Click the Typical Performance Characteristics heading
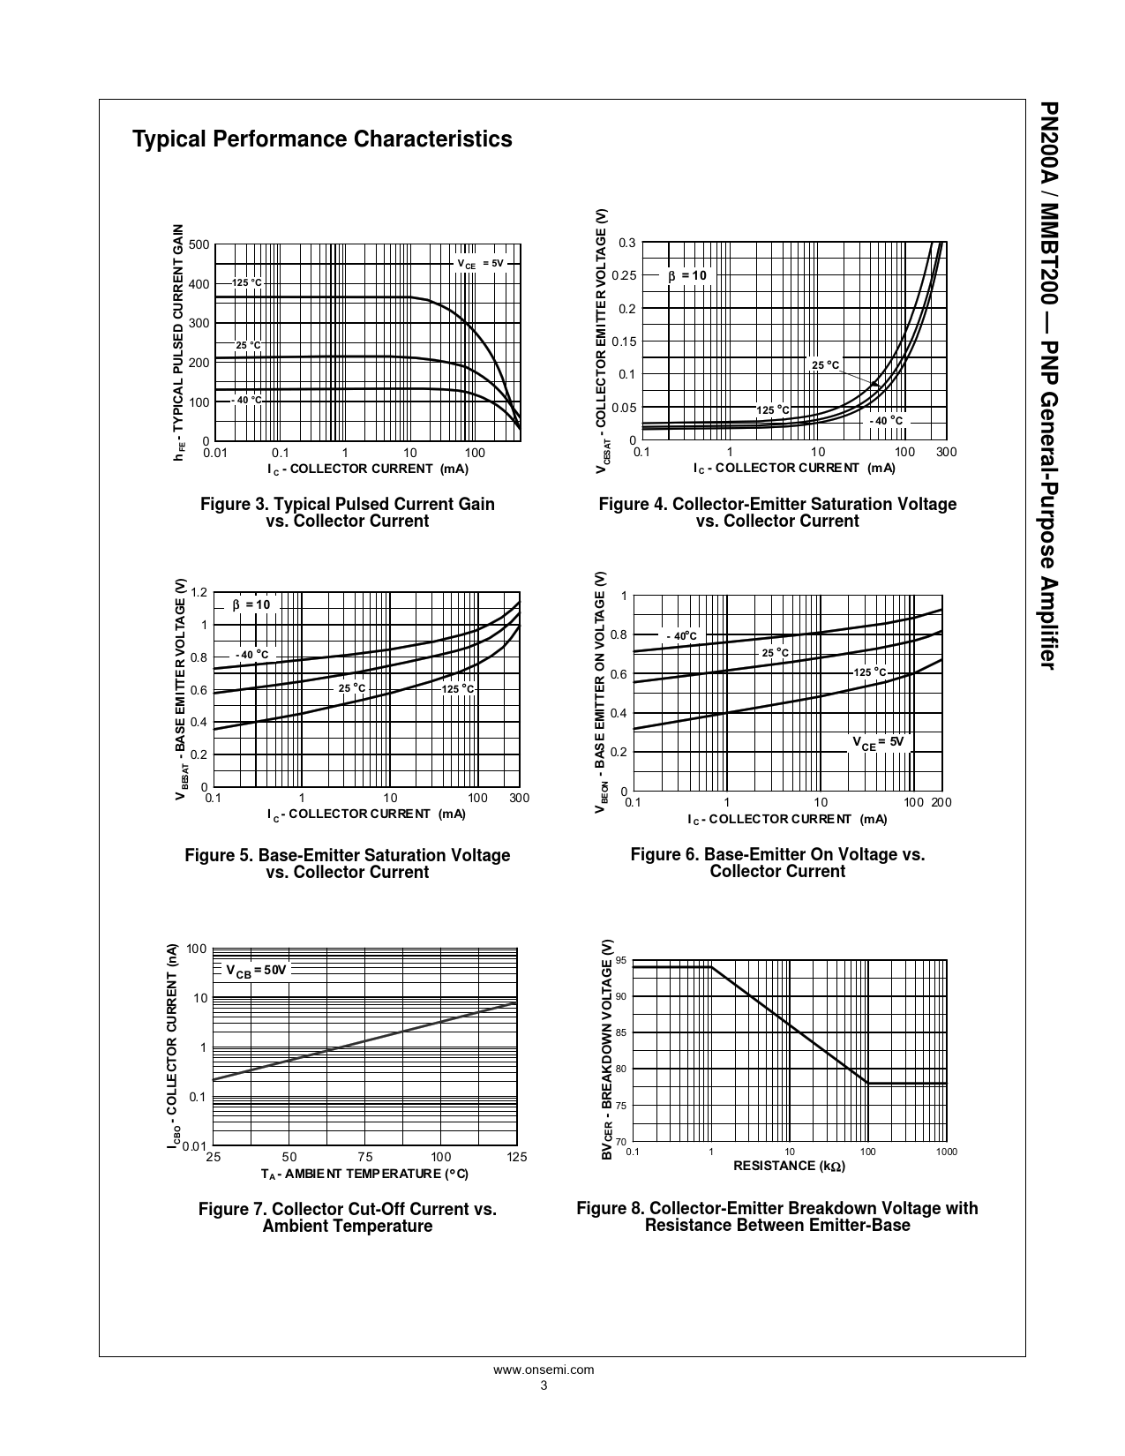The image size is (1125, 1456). [x=322, y=139]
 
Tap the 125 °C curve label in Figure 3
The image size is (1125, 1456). [x=247, y=282]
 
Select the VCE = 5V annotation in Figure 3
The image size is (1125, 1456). [x=480, y=264]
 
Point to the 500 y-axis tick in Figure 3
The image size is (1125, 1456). [x=199, y=244]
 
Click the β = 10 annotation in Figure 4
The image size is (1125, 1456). [x=687, y=275]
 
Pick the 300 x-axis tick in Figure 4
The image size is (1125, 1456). [x=946, y=452]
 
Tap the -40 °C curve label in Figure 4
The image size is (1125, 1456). [x=887, y=421]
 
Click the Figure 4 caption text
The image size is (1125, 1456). [x=777, y=513]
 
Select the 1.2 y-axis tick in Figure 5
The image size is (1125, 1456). [x=199, y=592]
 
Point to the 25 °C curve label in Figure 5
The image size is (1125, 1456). [x=351, y=688]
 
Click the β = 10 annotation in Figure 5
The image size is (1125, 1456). [x=251, y=604]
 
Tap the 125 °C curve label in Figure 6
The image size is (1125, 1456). [x=870, y=672]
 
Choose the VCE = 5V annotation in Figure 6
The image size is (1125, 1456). [x=878, y=742]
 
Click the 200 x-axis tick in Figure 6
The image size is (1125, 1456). [x=941, y=802]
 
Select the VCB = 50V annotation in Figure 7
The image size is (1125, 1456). [x=257, y=970]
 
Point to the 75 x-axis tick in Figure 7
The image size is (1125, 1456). [x=365, y=1157]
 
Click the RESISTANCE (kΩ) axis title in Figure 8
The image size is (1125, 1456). [x=789, y=1166]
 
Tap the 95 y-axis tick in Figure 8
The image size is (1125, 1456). [x=621, y=960]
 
